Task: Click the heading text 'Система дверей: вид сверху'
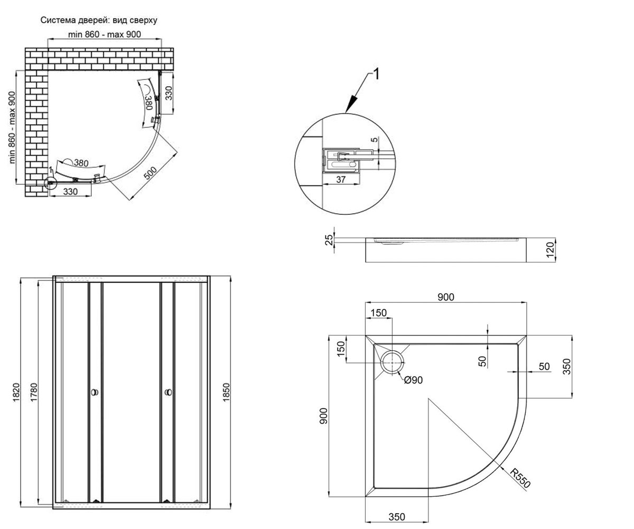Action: (99, 21)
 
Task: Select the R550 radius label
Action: (520, 478)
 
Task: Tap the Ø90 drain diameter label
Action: (413, 380)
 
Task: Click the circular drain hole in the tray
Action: (393, 363)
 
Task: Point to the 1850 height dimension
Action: (226, 392)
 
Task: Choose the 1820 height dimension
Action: (16, 392)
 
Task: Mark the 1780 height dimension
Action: (34, 392)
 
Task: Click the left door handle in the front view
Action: (95, 392)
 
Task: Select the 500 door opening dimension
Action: (150, 173)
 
